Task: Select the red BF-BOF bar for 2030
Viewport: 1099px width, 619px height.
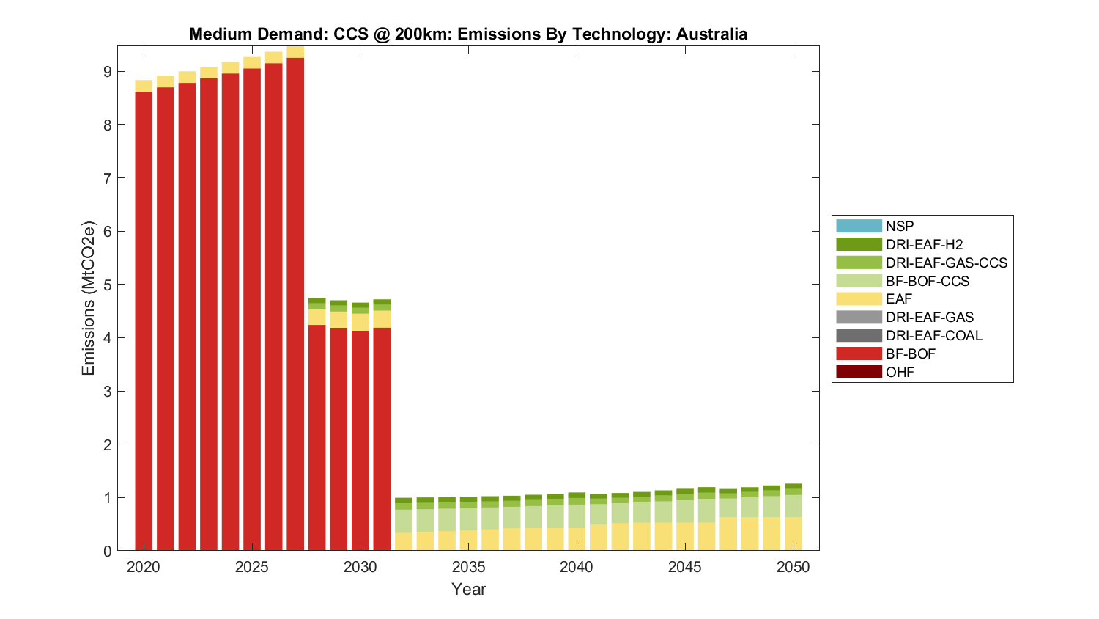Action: (x=360, y=440)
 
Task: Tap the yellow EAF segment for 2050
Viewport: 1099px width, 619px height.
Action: (x=793, y=534)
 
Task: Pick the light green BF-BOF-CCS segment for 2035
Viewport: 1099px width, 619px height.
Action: (x=469, y=519)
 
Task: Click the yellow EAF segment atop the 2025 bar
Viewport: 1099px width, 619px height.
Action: (x=252, y=62)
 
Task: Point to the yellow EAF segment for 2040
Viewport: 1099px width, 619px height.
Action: (x=577, y=539)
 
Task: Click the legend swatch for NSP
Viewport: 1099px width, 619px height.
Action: (x=859, y=226)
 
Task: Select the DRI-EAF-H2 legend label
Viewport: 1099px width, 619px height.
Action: (x=924, y=244)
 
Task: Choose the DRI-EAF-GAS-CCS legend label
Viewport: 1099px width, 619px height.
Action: (x=946, y=263)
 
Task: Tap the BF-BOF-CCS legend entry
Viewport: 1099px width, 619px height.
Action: (x=927, y=281)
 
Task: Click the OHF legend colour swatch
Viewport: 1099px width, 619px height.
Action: (x=859, y=372)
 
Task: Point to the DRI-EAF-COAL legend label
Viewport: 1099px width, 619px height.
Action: (x=933, y=335)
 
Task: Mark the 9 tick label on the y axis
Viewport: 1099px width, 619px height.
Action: (x=107, y=72)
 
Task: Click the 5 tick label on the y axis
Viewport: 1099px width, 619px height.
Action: (x=107, y=285)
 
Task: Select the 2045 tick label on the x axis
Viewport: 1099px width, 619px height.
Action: (x=685, y=567)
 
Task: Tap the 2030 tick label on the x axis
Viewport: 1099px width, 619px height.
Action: (x=360, y=567)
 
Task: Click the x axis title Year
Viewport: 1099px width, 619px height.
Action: (x=469, y=589)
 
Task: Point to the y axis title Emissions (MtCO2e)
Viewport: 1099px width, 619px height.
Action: (x=89, y=298)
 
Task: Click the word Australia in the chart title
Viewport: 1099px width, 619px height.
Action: (x=711, y=34)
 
